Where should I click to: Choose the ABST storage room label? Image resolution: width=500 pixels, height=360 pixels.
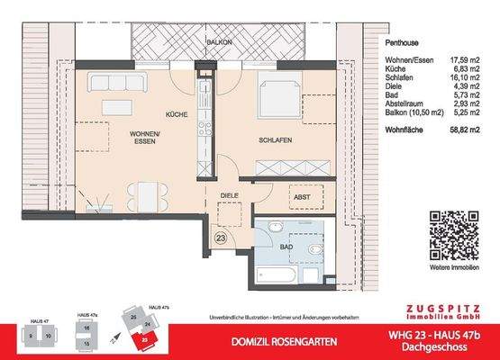click(303, 197)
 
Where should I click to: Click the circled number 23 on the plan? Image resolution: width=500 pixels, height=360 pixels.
click(222, 238)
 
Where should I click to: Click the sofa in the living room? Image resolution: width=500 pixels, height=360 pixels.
click(117, 84)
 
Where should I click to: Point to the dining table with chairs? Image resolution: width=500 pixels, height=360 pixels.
click(146, 193)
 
